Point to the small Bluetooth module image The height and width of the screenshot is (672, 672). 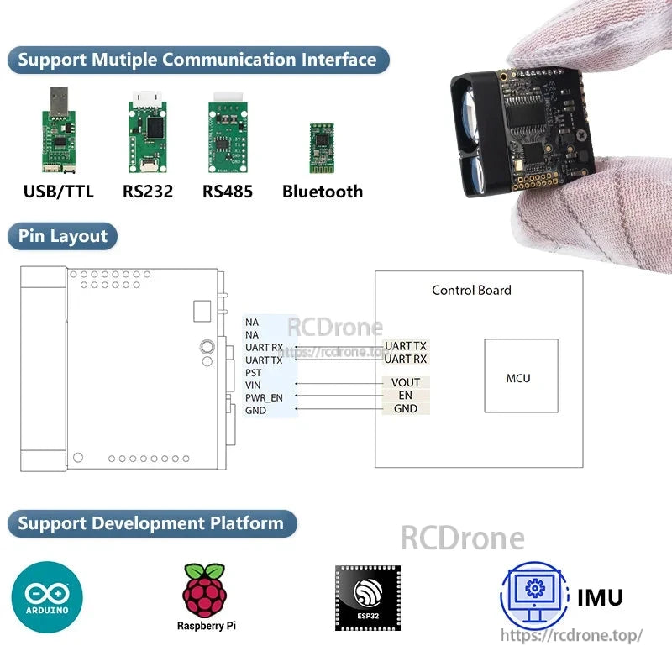[321, 145]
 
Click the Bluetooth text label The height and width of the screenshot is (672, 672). [323, 192]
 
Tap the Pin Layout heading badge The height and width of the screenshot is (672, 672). [63, 236]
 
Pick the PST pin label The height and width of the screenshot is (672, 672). [253, 372]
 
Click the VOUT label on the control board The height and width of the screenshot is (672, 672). [406, 383]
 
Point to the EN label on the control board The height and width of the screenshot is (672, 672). [406, 396]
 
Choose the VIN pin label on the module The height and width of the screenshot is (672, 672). [253, 385]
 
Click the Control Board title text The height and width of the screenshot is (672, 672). [471, 291]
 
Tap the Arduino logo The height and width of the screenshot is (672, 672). [47, 597]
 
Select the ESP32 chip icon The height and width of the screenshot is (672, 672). [368, 597]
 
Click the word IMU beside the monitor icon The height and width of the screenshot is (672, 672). [600, 597]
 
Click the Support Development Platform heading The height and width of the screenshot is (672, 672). [151, 523]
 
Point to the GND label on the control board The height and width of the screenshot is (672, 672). [406, 408]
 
